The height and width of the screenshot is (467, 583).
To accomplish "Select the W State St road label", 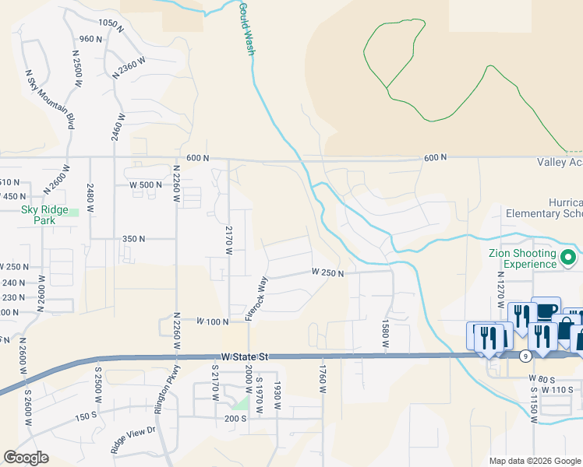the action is (245, 356).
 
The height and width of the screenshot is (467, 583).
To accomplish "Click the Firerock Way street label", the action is (257, 298).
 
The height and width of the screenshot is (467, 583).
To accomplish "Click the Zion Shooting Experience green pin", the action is (569, 258).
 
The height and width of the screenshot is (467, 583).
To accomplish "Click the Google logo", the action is (26, 458).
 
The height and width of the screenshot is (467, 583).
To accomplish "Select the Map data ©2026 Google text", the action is (535, 461).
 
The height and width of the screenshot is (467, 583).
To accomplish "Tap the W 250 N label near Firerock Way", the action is (327, 272).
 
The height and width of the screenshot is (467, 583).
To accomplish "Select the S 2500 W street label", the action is (99, 384).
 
